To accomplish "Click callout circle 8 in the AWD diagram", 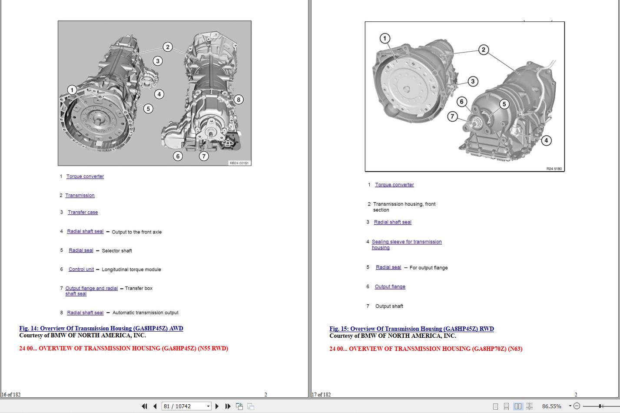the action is point(239,100).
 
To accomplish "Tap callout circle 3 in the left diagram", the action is point(157,61).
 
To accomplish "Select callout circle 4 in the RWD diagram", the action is point(546,140).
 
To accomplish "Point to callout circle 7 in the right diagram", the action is point(452,117).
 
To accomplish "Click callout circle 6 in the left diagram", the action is point(178,156).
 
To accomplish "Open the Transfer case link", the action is point(83,212).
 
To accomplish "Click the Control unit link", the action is point(81,269).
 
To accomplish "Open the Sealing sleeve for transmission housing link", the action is point(407,245).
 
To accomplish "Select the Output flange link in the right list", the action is point(390,286).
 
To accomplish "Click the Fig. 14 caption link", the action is point(101,328).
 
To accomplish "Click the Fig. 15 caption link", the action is point(411,329).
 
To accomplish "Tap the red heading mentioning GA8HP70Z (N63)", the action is point(426,349).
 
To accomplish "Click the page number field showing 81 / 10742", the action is point(184,406).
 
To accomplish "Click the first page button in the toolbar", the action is point(144,406).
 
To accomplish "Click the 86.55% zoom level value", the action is point(551,406).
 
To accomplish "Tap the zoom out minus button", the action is point(577,406).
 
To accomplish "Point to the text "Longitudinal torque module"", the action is point(131,270).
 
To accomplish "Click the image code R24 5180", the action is point(554,169).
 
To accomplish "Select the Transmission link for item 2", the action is point(80,195).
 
